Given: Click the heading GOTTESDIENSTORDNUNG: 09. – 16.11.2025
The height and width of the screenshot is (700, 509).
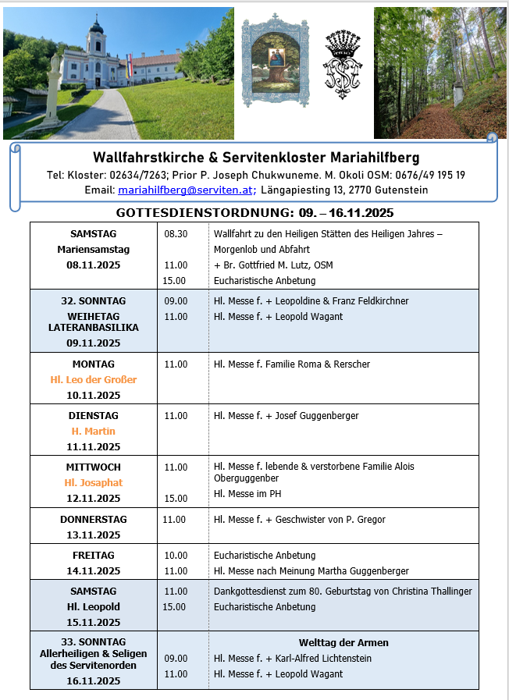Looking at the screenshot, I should tap(255, 212).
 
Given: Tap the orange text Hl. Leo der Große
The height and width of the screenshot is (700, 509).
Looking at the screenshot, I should tap(94, 380).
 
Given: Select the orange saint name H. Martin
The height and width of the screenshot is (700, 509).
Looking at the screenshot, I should tap(94, 432).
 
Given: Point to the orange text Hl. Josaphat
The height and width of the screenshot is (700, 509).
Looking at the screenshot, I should tap(94, 483).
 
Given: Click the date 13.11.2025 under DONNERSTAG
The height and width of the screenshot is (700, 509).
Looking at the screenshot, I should tap(94, 535).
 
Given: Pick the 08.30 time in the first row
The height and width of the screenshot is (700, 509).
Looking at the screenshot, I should tap(176, 234).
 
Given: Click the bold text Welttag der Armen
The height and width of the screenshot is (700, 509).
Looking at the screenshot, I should tap(343, 643).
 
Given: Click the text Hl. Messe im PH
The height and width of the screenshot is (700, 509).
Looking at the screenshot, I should tap(247, 494).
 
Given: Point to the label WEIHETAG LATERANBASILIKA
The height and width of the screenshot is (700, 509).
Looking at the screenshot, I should tap(94, 322).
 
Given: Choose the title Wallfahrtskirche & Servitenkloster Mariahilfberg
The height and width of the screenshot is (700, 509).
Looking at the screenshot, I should tap(256, 158).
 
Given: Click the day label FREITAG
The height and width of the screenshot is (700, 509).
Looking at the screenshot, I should tap(94, 556).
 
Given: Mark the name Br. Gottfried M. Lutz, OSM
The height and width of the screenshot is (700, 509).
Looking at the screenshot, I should tap(277, 265).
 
